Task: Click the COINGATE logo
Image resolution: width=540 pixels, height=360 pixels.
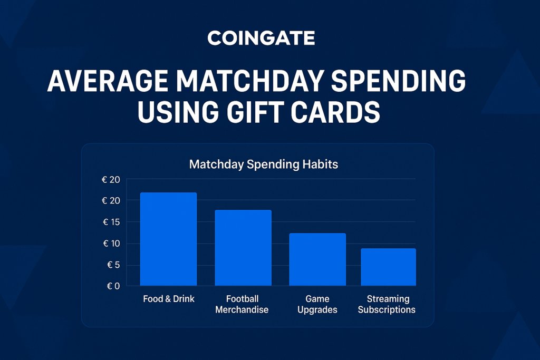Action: pos(261,38)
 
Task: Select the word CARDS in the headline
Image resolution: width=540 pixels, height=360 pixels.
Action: pos(335,112)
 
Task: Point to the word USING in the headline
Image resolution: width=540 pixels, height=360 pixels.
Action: pos(178,112)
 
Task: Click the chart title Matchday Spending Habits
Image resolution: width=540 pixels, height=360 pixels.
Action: pos(264,164)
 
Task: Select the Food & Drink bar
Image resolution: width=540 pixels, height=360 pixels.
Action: pos(168,239)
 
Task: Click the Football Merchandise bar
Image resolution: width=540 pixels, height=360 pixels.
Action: pos(243,247)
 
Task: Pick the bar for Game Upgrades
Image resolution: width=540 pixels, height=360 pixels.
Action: pos(317,259)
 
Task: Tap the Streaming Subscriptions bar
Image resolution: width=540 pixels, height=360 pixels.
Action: pos(389,267)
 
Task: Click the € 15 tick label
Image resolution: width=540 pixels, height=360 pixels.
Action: pos(111,222)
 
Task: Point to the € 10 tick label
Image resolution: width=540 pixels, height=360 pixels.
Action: pos(112,244)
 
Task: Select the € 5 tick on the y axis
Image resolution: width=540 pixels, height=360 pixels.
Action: pos(114,265)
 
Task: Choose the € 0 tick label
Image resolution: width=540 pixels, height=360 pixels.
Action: pos(113,286)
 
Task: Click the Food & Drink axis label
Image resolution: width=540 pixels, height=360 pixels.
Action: pos(169,299)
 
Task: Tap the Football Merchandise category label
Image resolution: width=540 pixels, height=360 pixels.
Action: pos(242,304)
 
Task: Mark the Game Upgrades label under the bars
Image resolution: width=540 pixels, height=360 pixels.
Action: pos(317,304)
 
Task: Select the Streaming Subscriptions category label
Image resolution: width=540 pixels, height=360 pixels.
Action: pos(387,304)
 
